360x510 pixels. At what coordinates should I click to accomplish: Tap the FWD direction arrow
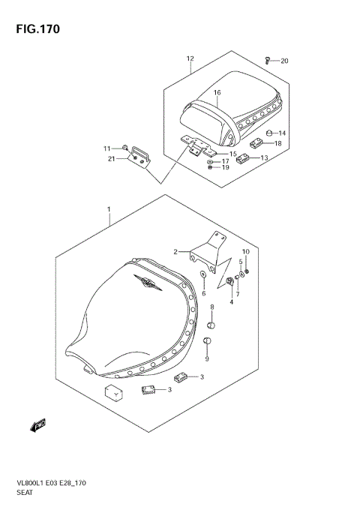pyautogui.click(x=38, y=427)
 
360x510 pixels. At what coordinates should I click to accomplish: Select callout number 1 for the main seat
pyautogui.click(x=109, y=208)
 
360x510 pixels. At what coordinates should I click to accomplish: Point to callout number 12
pyautogui.click(x=190, y=58)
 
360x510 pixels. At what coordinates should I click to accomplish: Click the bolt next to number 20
pyautogui.click(x=267, y=59)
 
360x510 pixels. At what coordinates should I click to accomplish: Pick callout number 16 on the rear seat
pyautogui.click(x=216, y=94)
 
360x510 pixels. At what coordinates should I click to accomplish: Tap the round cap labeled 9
pyautogui.click(x=208, y=343)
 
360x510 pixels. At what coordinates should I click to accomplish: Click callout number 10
pyautogui.click(x=245, y=251)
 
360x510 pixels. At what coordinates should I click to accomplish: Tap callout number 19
pyautogui.click(x=225, y=167)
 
